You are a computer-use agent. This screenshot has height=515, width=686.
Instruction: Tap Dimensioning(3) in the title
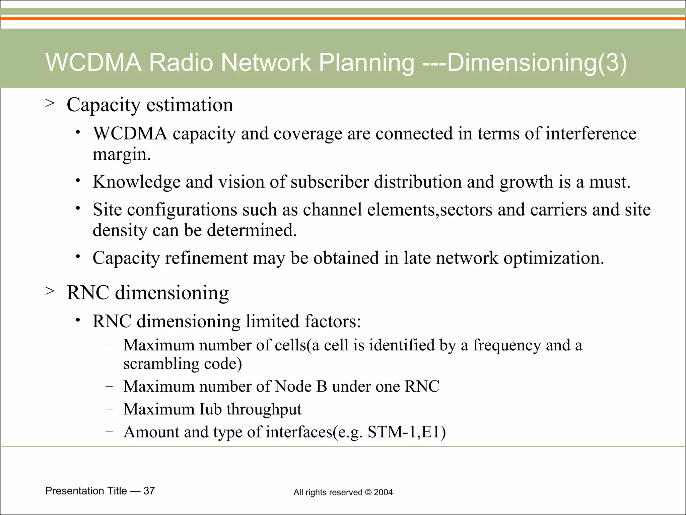pos(537,63)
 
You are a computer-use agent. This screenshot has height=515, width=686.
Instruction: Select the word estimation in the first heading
pos(190,105)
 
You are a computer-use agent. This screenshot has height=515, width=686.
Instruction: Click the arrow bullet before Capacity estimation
pos(50,103)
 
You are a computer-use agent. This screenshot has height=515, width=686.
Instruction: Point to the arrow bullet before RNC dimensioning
pos(50,291)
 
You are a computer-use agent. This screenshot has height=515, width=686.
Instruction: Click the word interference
pos(591,133)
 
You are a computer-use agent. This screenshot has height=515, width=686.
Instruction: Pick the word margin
pos(121,155)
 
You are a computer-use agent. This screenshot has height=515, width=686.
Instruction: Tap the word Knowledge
pos(136,182)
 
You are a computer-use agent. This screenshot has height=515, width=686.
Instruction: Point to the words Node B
pos(300,386)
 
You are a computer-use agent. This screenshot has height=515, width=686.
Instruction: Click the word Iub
pos(210,409)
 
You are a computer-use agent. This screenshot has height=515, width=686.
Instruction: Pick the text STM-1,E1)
pos(407,432)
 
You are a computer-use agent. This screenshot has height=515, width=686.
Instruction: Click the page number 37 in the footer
pos(149,491)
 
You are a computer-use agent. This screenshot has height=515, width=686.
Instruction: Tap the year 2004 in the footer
pos(383,492)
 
